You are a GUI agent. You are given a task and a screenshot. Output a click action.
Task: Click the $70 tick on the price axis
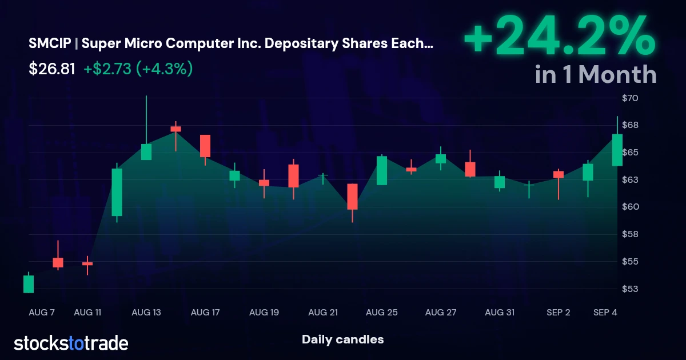pos(630,98)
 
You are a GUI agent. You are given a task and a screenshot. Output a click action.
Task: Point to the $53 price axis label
pos(630,289)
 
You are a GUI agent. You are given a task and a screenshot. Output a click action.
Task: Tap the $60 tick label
pos(630,207)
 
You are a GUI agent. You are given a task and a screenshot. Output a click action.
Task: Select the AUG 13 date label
pos(146,313)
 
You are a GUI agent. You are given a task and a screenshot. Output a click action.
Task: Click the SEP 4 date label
pos(605,313)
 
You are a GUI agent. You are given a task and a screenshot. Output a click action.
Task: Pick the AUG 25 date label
pos(382,313)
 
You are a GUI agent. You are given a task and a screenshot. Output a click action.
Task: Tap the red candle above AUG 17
pos(205,146)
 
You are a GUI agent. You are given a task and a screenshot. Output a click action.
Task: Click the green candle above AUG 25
pos(382,170)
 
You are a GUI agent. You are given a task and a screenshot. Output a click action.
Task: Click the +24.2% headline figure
pos(560,37)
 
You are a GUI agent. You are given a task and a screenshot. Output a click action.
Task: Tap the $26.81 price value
pos(52,69)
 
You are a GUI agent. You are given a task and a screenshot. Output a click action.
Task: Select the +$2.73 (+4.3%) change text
pos(138,69)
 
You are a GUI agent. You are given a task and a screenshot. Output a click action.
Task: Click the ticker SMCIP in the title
pos(50,43)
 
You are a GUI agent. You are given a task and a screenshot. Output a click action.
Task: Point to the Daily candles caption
pos(342,339)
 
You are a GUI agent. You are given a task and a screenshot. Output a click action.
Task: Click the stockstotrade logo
pos(71,343)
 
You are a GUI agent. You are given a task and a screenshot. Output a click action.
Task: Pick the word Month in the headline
pos(617,74)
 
